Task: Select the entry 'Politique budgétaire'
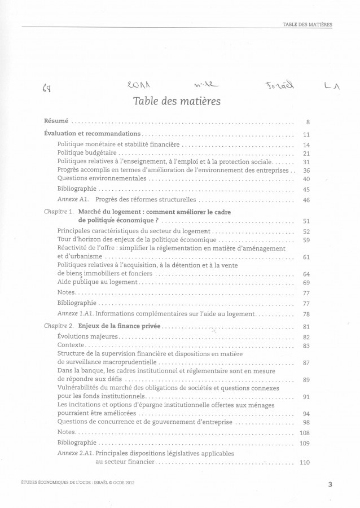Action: (x=87, y=153)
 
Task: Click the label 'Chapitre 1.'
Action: (x=59, y=212)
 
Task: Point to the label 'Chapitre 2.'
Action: (x=59, y=326)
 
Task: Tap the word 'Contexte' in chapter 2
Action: (x=71, y=345)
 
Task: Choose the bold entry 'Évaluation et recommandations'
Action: (x=92, y=134)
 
